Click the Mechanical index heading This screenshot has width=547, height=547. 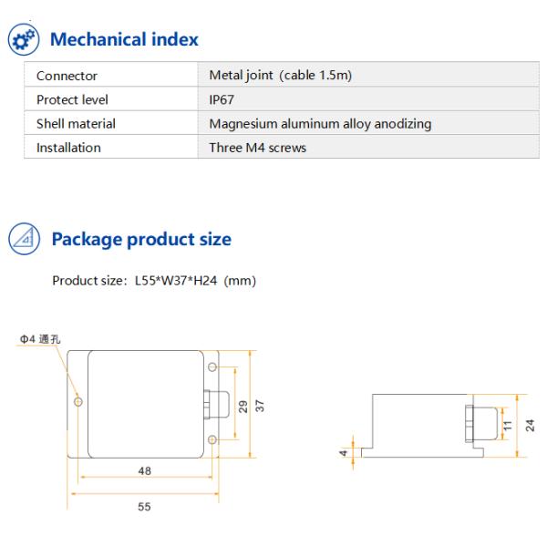pos(123,40)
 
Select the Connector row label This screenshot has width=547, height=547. pos(67,76)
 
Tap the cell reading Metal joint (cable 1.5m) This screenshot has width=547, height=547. pos(280,76)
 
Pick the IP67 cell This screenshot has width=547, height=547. pos(222,99)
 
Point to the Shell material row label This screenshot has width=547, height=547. pos(76,123)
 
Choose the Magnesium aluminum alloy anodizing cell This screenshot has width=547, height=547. pos(320,123)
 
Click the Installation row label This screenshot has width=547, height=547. pos(68,147)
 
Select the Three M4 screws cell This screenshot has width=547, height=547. pos(258,147)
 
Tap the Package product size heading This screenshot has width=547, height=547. pos(141,240)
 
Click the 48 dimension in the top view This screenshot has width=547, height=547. pos(144,471)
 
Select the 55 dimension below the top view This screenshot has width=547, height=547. pos(144,506)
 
